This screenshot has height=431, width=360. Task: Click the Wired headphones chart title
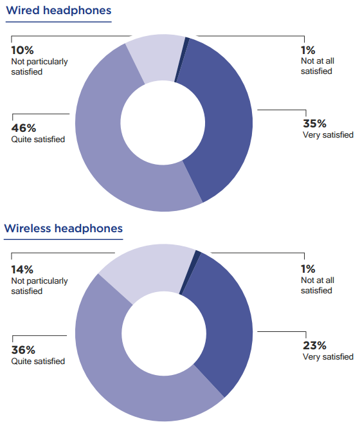pos(59,10)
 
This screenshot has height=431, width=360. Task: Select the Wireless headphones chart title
pos(64,228)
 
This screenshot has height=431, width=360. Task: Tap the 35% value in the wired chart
pos(314,124)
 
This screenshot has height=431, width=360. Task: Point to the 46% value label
pos(24,128)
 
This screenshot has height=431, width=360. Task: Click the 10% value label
pos(22,50)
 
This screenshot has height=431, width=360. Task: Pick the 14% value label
pos(22,270)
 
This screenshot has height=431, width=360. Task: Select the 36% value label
pos(23,350)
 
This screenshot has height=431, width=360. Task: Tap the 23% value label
pos(314,345)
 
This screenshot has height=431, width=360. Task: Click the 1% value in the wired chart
pos(308,50)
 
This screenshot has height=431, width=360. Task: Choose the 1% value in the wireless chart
pos(308,269)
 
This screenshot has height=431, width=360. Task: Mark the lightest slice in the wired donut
pos(155,58)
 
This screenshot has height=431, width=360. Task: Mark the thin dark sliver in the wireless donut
pos(190,272)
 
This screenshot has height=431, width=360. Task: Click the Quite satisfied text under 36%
pos(38,361)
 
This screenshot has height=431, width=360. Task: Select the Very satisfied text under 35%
pos(328,135)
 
